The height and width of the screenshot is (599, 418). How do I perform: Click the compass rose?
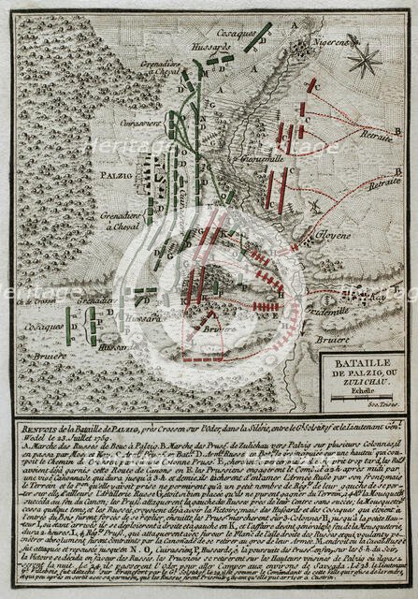point(359,62)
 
